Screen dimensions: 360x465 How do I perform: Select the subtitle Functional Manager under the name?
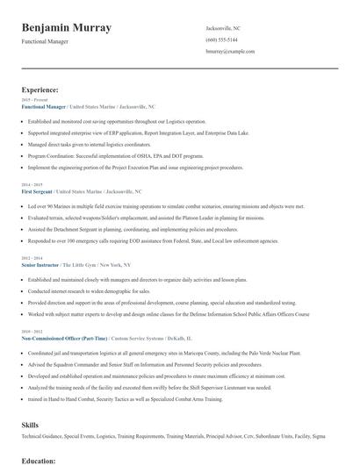(x=47, y=43)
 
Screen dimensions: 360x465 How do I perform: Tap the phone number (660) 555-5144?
(x=221, y=40)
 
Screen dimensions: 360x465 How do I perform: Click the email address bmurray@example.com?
(x=230, y=53)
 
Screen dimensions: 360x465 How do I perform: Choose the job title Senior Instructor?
(x=43, y=263)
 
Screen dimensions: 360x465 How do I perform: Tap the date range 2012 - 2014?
(x=32, y=257)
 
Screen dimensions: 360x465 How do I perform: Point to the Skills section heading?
(x=30, y=425)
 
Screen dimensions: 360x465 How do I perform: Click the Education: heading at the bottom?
(x=39, y=460)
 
